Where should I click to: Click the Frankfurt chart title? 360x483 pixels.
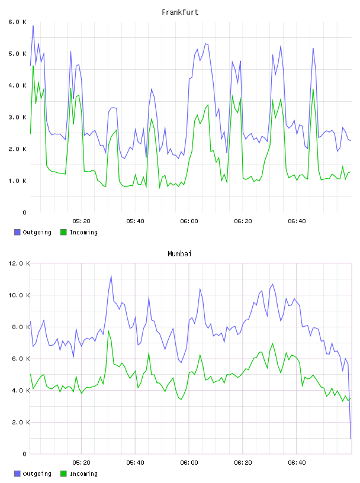180,12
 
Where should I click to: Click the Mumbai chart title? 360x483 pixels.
179,254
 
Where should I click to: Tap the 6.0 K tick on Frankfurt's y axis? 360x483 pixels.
17,22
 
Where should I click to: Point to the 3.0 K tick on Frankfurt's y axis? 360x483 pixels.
17,117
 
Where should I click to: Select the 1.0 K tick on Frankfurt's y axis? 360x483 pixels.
17,181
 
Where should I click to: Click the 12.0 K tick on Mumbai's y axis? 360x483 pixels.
19,263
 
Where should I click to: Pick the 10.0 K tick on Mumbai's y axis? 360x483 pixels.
19,295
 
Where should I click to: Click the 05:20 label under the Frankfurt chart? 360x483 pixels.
81,221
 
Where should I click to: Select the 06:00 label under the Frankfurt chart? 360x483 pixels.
189,221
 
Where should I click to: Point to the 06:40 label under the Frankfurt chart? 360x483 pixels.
297,221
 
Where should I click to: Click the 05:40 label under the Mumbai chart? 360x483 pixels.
135,463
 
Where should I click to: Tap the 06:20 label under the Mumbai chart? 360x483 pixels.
243,463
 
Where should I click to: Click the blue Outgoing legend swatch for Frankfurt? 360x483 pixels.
17,232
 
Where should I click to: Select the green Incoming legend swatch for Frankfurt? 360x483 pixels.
63,232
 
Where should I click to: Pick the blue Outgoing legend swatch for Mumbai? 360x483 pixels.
17,474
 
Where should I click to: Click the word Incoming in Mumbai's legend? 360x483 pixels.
83,474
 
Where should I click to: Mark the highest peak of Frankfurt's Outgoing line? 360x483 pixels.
33,26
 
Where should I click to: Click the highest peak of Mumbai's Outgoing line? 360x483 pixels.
111,276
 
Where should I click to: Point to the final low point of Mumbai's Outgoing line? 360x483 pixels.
351,439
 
